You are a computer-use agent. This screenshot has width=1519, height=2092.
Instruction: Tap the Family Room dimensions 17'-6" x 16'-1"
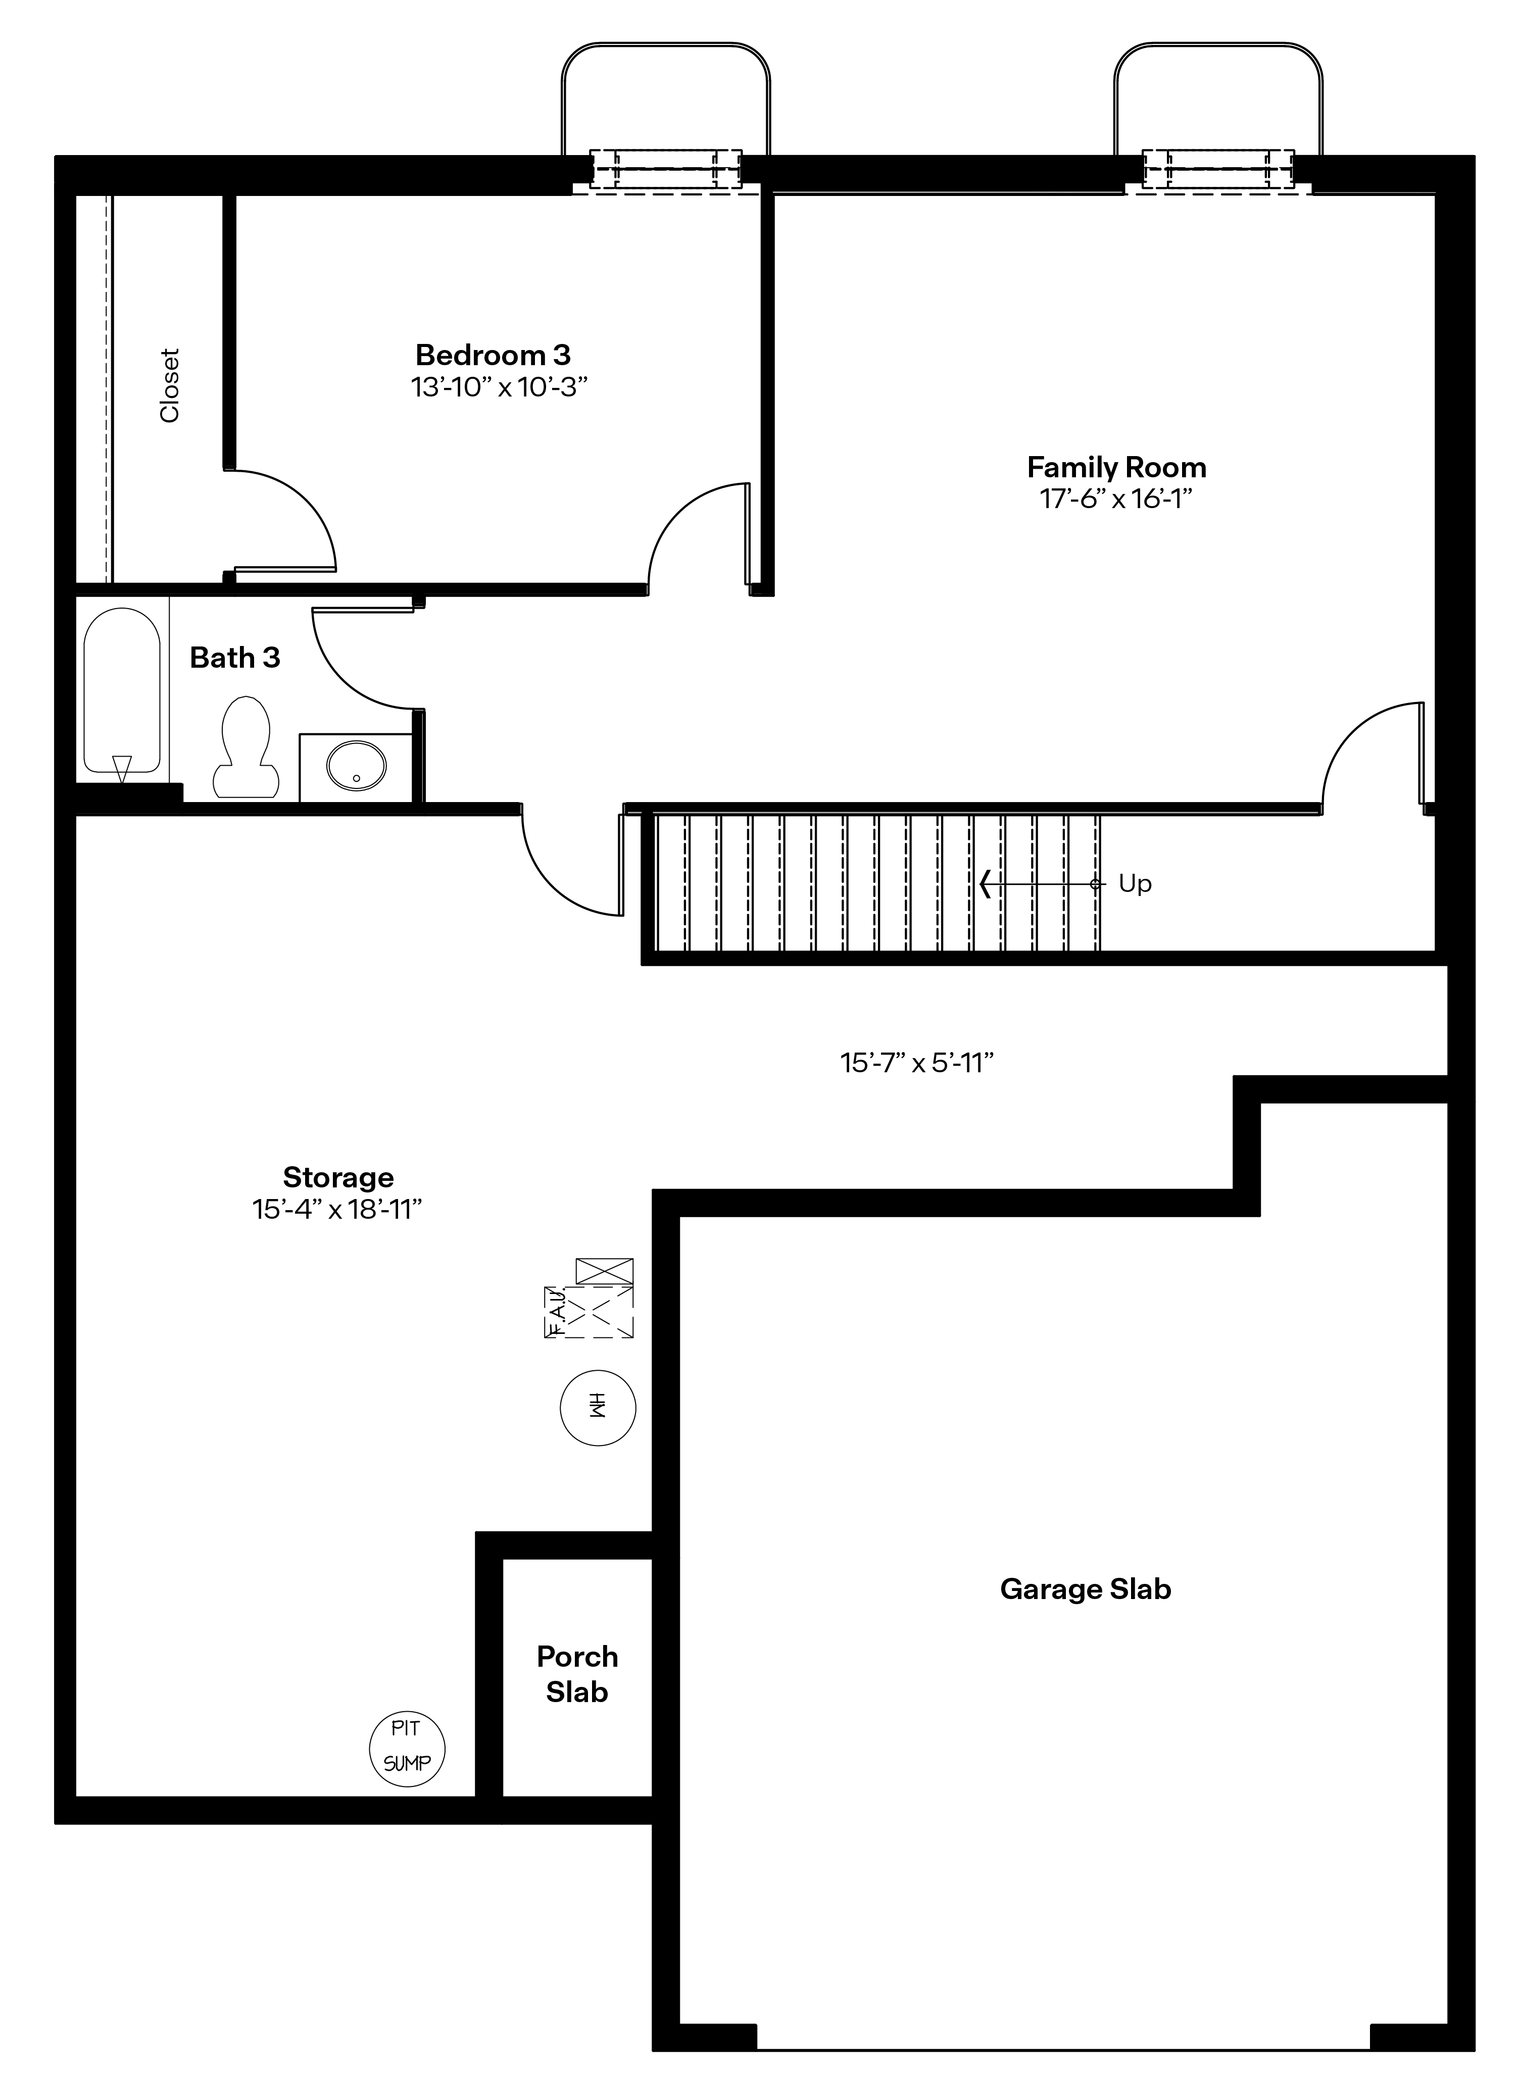click(1116, 499)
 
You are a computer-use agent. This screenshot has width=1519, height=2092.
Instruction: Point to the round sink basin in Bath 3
click(356, 766)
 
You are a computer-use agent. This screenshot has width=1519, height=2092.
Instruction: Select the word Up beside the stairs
click(1135, 884)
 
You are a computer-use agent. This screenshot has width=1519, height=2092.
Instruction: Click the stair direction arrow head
click(985, 884)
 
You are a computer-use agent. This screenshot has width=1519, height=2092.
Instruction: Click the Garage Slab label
click(1086, 1589)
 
